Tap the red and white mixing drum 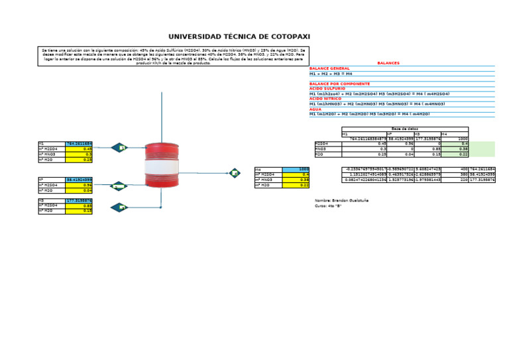click(162, 166)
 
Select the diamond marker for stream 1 click(119, 147)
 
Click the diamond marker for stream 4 click(235, 173)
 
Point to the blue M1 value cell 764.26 click(79, 143)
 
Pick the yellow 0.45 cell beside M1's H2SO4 click(79, 149)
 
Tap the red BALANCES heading click(388, 63)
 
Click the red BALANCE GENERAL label click(329, 68)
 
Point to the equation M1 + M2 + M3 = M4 click(331, 74)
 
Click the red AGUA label click(315, 109)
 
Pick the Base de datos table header click(405, 129)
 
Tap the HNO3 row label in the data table click(321, 149)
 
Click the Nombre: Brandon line click(341, 200)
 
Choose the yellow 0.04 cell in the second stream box click(79, 190)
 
